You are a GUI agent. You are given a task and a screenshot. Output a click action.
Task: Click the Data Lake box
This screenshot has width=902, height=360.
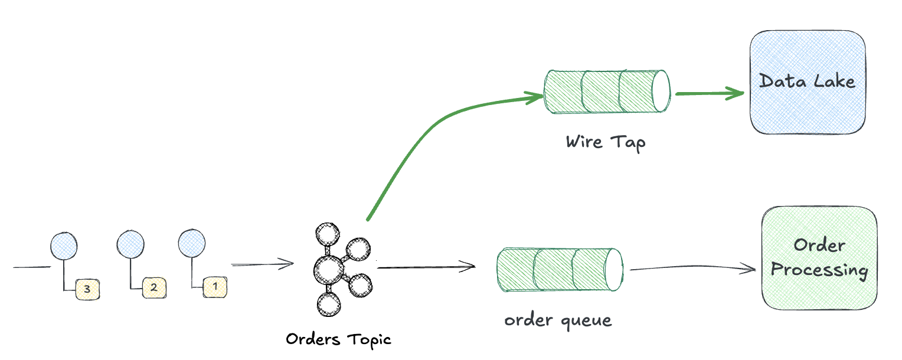(x=808, y=83)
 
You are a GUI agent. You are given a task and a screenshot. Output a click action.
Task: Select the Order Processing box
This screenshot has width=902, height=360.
(x=819, y=257)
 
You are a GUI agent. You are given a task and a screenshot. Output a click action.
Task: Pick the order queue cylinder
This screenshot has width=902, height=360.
(x=560, y=270)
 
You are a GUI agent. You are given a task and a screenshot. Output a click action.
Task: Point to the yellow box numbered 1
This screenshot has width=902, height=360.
(x=215, y=287)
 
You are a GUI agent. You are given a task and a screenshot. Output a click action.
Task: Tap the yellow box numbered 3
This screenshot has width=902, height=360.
(x=87, y=289)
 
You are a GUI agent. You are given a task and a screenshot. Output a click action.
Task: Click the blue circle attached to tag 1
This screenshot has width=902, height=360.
(x=192, y=243)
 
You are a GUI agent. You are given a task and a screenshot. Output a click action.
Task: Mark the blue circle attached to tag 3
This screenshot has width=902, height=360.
(x=64, y=244)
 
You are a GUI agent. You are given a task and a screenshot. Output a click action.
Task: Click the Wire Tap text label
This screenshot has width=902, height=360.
(x=606, y=143)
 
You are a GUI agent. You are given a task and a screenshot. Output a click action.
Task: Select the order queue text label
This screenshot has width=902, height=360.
(x=558, y=320)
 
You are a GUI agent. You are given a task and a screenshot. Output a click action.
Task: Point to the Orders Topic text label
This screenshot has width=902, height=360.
(x=338, y=339)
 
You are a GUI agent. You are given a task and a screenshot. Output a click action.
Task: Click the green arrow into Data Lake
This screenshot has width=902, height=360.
(x=708, y=93)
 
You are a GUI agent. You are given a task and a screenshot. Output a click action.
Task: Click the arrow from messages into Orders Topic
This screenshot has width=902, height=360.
(x=262, y=264)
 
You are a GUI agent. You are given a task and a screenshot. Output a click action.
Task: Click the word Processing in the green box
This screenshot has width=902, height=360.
(x=819, y=271)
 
